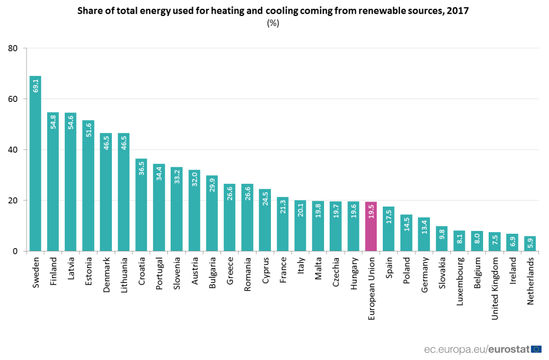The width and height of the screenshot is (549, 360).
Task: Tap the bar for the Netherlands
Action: (x=530, y=244)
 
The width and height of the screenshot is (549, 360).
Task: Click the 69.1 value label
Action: (x=35, y=86)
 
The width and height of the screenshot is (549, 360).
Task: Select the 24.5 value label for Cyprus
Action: (x=265, y=199)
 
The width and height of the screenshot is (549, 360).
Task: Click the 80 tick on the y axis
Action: (x=13, y=49)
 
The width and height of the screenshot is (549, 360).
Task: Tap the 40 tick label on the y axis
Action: (x=13, y=150)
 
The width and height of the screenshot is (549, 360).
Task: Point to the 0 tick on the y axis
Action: (x=16, y=251)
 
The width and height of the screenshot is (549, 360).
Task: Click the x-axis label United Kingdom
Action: (x=495, y=281)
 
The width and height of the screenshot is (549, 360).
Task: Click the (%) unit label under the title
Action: (x=273, y=23)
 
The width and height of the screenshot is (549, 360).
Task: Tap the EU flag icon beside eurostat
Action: (x=536, y=349)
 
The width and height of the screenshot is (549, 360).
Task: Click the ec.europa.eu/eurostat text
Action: (x=476, y=349)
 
